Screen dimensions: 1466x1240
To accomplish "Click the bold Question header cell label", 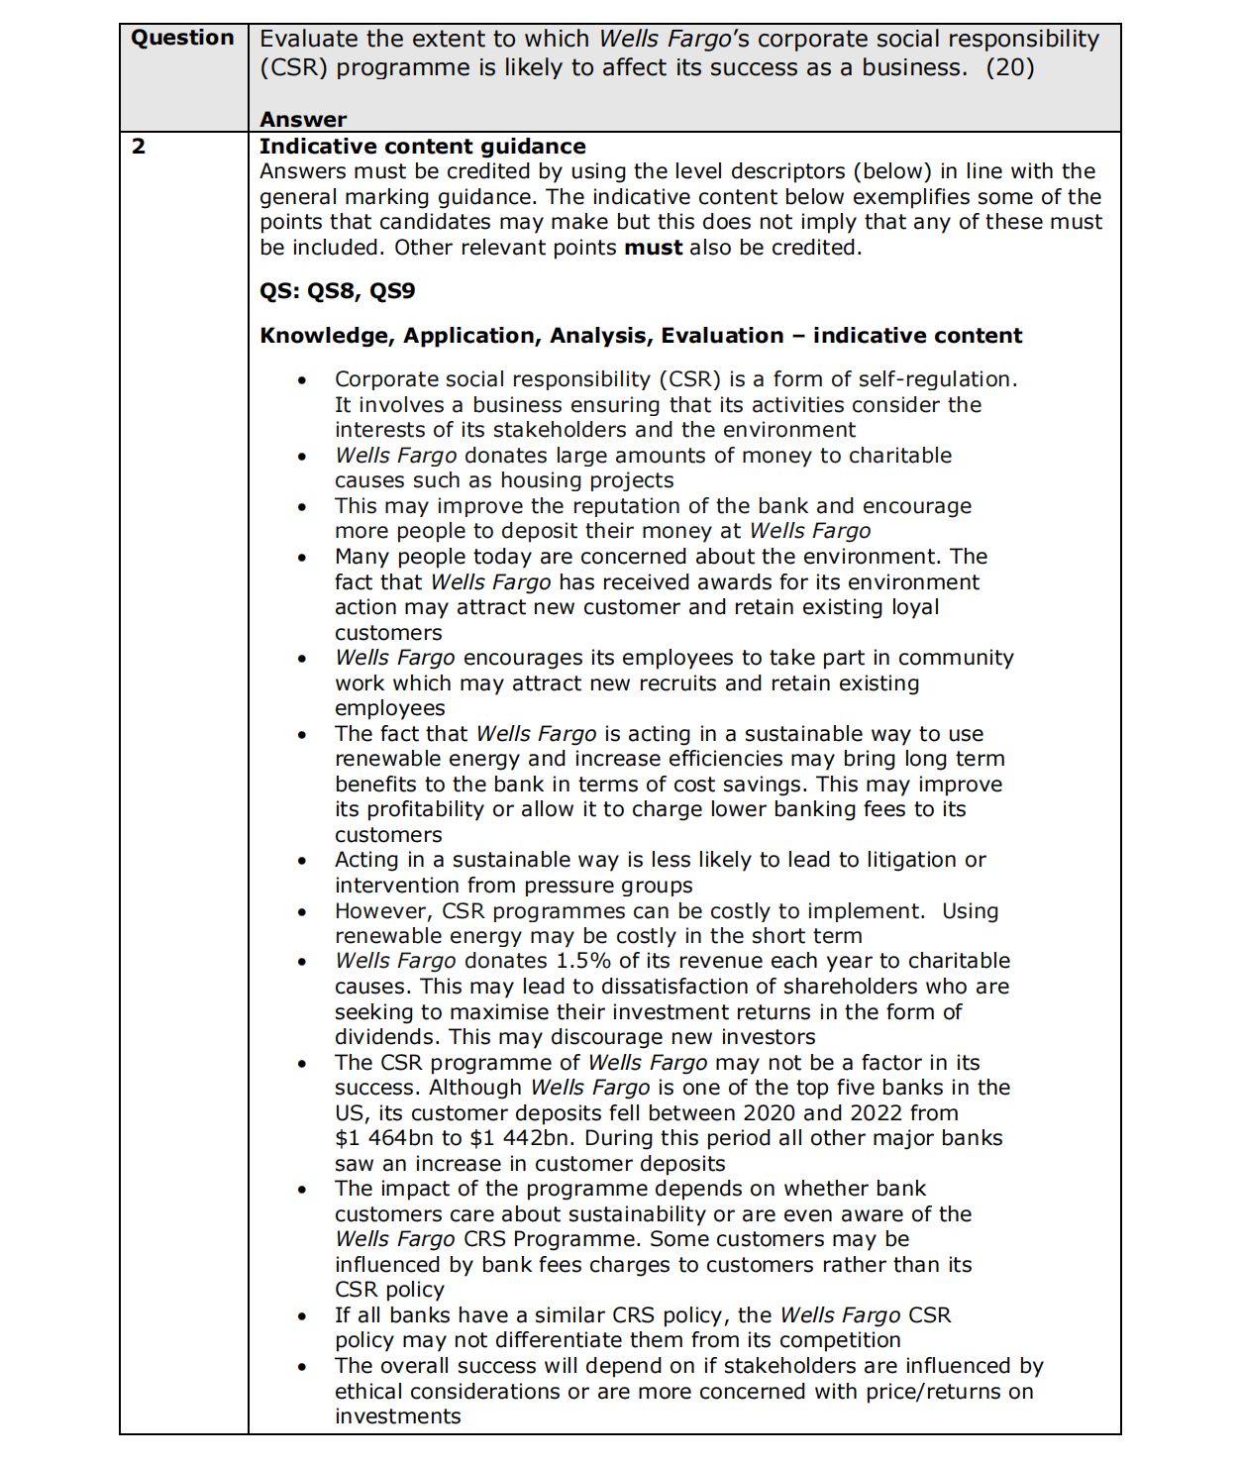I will (182, 38).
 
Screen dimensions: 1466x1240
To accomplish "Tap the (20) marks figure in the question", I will (1009, 67).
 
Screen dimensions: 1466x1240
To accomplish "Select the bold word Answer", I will (303, 120).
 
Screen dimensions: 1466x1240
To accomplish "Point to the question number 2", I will (139, 147).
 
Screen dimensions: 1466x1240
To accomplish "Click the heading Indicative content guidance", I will (422, 147).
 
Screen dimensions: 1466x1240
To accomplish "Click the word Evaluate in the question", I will (309, 39).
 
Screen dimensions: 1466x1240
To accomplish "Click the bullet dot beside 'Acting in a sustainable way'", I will (302, 861).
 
